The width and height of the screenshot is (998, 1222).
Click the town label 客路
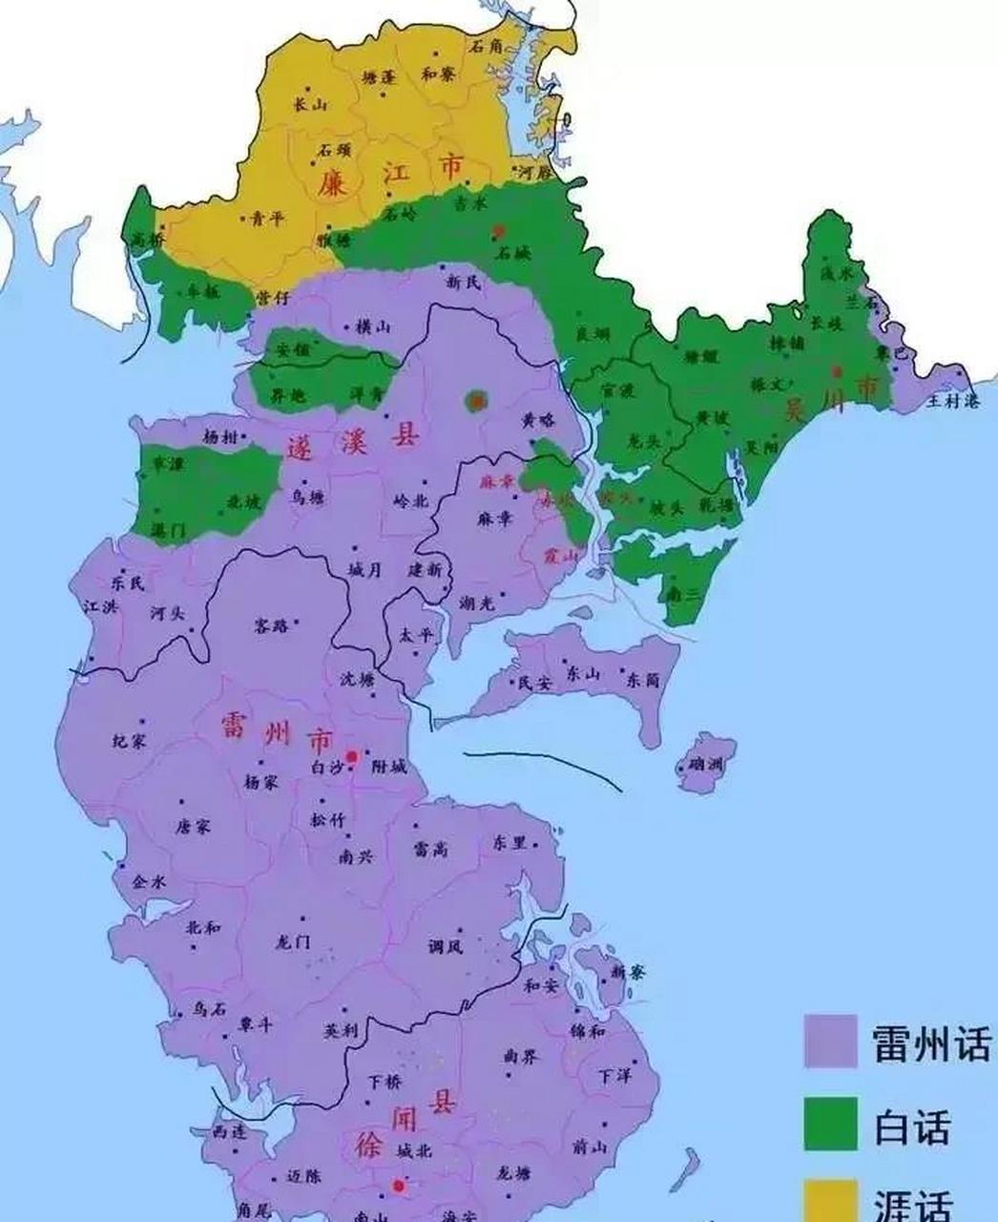point(271,626)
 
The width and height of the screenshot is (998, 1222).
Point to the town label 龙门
point(292,941)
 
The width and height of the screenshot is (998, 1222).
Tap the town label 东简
point(642,680)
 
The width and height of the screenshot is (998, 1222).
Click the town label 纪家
point(129,741)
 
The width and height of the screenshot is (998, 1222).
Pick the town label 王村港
point(953,401)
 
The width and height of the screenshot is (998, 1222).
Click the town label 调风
point(446,947)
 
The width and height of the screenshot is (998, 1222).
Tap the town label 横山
point(372,327)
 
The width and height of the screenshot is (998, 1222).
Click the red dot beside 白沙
point(352,756)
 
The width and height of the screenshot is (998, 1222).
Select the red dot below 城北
point(398,1186)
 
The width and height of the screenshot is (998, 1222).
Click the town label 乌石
point(209,1008)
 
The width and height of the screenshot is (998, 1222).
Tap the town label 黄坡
point(713,416)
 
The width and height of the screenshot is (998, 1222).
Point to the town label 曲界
point(522,1056)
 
